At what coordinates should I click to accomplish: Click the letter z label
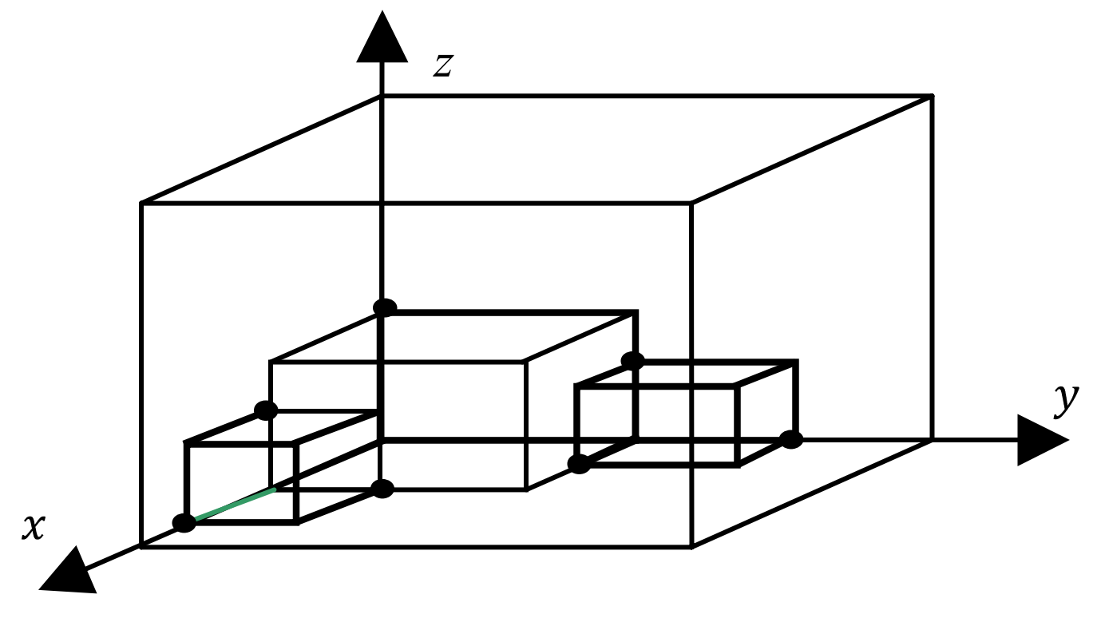pyautogui.click(x=443, y=65)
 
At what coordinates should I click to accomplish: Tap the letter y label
pyautogui.click(x=1065, y=399)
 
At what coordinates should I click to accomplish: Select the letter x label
pyautogui.click(x=33, y=527)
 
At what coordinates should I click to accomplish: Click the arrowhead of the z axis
pyautogui.click(x=382, y=40)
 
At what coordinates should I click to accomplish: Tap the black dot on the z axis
pyautogui.click(x=385, y=307)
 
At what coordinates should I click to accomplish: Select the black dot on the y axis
pyautogui.click(x=790, y=439)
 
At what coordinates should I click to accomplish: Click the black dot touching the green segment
pyautogui.click(x=184, y=524)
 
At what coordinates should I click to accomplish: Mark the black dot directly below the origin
pyautogui.click(x=383, y=489)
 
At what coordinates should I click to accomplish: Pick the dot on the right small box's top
pyautogui.click(x=632, y=361)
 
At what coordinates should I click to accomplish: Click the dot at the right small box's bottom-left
pyautogui.click(x=579, y=464)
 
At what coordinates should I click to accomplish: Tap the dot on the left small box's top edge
pyautogui.click(x=266, y=411)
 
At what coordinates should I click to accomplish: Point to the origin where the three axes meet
pyautogui.click(x=383, y=440)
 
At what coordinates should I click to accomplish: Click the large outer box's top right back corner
pyautogui.click(x=932, y=97)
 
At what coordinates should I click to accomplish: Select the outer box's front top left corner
pyautogui.click(x=141, y=204)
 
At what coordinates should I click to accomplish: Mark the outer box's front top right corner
pyautogui.click(x=691, y=204)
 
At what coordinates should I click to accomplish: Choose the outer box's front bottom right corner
pyautogui.click(x=691, y=546)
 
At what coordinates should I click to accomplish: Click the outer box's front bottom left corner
pyautogui.click(x=141, y=546)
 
